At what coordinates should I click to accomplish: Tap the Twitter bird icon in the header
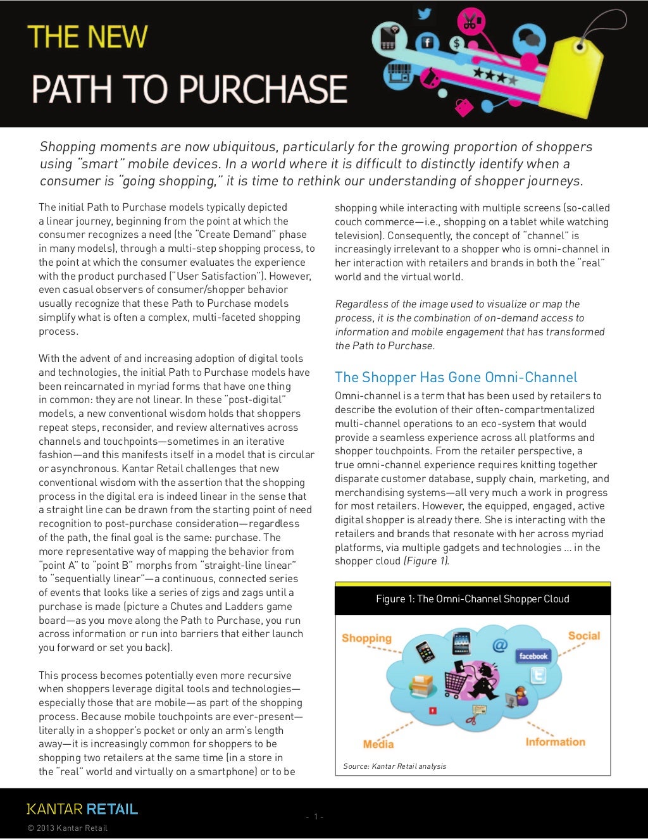click(x=424, y=14)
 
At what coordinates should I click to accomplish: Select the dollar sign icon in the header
click(x=457, y=44)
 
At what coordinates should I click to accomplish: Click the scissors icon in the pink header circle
click(x=469, y=23)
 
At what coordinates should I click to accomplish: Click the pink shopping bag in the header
click(x=464, y=106)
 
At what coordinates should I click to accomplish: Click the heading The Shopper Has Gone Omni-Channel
click(x=456, y=378)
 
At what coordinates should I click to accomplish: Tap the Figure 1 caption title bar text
click(x=472, y=599)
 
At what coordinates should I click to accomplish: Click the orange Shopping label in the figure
click(x=366, y=638)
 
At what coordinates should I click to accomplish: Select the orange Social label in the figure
click(x=583, y=635)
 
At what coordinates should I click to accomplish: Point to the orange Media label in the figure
click(x=378, y=744)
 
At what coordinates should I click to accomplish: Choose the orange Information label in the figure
click(x=555, y=742)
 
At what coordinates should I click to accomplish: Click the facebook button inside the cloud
click(x=533, y=656)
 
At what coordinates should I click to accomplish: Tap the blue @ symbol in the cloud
click(x=500, y=645)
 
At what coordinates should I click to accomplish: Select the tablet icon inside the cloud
click(x=462, y=643)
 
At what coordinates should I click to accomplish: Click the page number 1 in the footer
click(x=315, y=816)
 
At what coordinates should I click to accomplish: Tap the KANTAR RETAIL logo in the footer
click(x=82, y=809)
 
